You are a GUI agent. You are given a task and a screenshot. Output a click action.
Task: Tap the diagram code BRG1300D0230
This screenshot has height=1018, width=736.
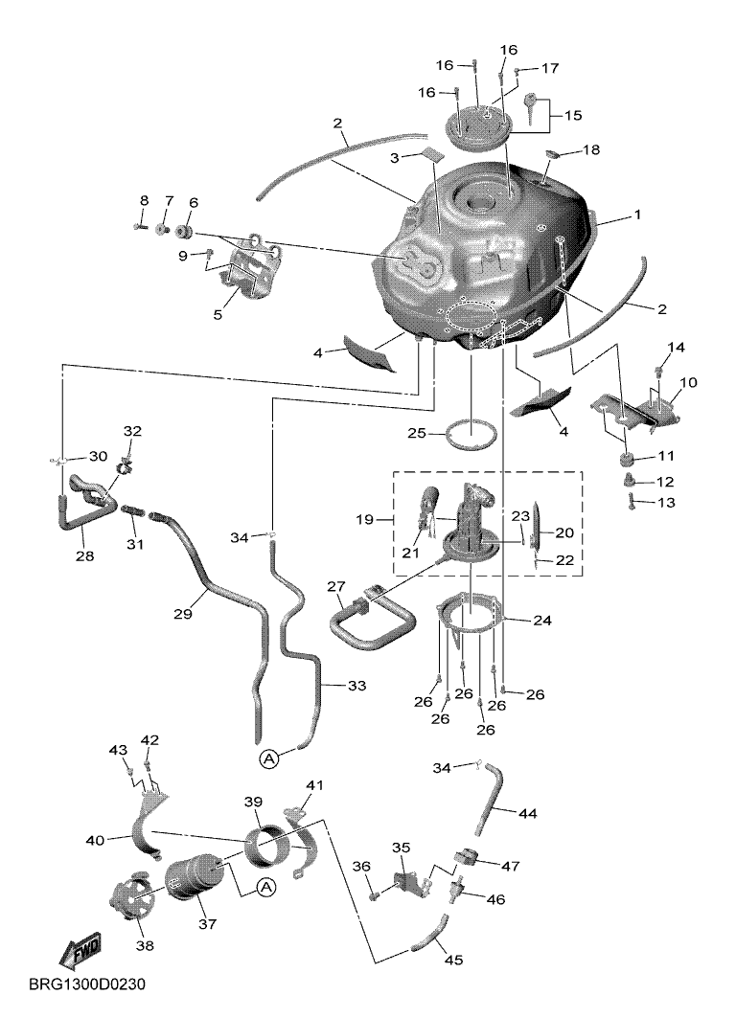[x=87, y=984]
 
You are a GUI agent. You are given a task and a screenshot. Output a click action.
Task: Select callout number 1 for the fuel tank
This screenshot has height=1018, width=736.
[x=637, y=215]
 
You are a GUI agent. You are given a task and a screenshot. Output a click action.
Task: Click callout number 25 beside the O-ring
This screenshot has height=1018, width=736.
[x=417, y=433]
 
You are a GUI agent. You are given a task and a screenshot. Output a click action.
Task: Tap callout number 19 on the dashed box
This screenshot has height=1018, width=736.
[x=364, y=520]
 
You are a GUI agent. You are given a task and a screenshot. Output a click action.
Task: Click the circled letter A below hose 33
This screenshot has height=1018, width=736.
[x=269, y=757]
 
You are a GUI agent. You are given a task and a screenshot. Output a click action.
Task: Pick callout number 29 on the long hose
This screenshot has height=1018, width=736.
[x=183, y=612]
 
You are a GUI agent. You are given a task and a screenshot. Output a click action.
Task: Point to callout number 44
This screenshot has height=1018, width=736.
[x=528, y=813]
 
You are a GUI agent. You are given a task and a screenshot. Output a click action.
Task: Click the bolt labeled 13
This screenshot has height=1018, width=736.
[x=631, y=501]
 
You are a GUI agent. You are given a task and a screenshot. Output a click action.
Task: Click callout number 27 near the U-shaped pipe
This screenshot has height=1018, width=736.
[x=335, y=586]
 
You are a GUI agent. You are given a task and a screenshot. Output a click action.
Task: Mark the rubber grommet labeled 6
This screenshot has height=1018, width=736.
[x=185, y=233]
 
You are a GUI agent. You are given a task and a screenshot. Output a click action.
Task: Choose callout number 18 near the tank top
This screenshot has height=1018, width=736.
[x=592, y=150]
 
